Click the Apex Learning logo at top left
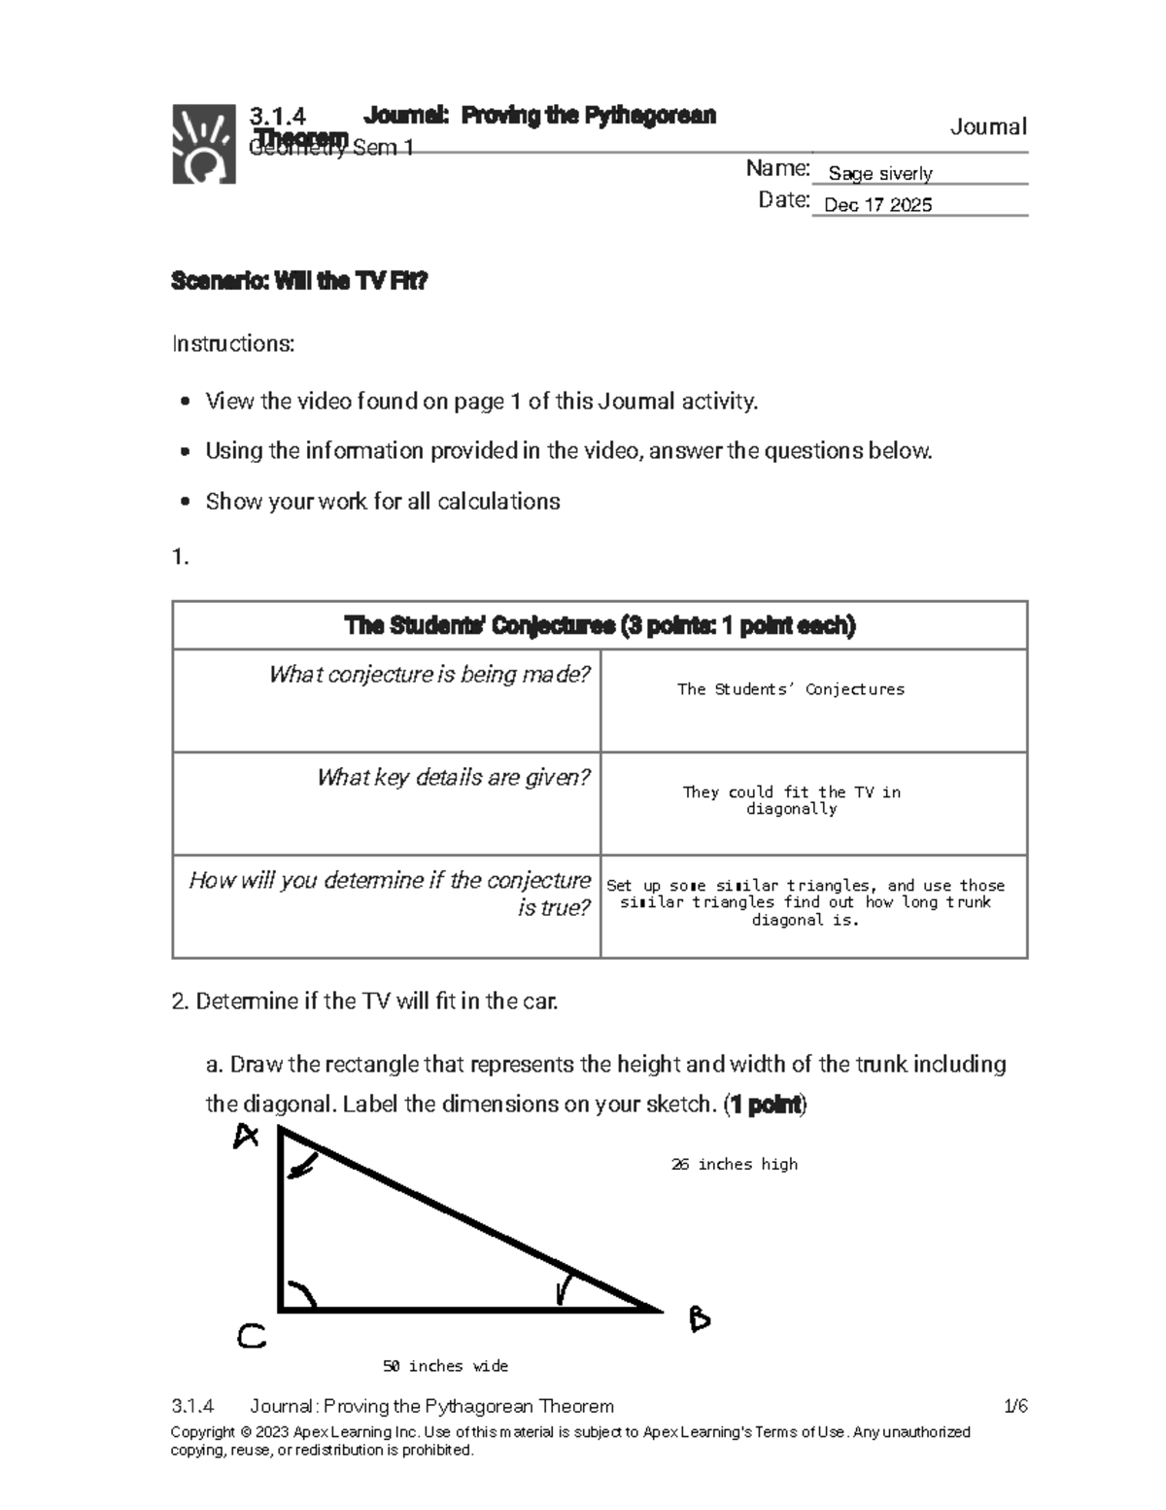click(203, 144)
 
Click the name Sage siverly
click(879, 174)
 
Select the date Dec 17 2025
click(877, 205)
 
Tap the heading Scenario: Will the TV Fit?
click(299, 282)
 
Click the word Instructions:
click(233, 344)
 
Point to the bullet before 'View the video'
click(186, 403)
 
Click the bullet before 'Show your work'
click(186, 503)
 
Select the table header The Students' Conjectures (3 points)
click(600, 626)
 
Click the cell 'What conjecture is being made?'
click(429, 675)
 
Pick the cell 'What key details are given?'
click(453, 778)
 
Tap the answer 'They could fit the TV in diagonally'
click(792, 800)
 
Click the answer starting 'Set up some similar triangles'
click(806, 902)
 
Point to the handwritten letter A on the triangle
click(246, 1136)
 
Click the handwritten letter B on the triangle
click(699, 1319)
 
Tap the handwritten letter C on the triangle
click(251, 1338)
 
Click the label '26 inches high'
click(734, 1165)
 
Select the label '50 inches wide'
click(445, 1366)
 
